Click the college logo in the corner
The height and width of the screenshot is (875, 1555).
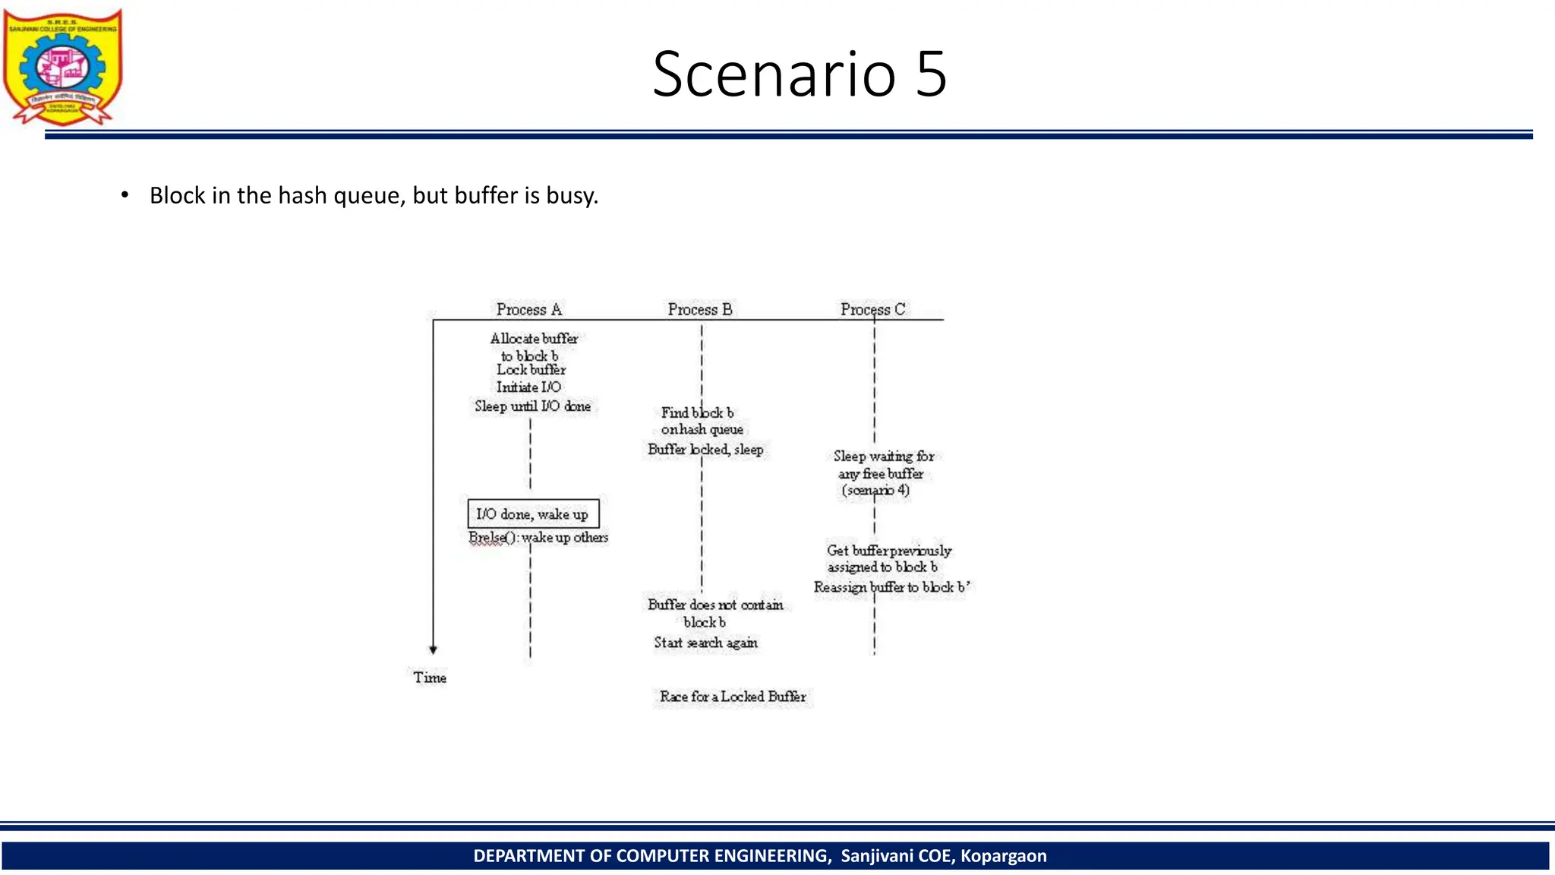(62, 67)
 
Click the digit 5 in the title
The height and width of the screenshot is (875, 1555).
(930, 74)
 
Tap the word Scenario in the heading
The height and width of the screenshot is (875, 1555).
(774, 74)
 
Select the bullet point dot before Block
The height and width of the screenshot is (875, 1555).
(125, 195)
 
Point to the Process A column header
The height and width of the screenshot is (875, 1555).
(529, 309)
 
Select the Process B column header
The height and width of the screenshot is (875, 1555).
(700, 309)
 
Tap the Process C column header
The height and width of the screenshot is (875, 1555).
(872, 309)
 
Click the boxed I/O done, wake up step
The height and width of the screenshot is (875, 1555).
(533, 514)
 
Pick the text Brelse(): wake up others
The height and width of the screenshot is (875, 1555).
(538, 538)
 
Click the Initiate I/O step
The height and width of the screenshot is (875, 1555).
(528, 387)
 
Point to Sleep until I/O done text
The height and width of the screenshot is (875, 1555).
(533, 406)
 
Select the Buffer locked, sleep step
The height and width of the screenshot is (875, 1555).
(705, 450)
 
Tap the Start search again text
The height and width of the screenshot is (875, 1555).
(706, 643)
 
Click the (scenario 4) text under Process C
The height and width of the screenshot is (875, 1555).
(875, 491)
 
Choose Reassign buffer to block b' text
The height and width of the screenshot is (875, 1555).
(891, 587)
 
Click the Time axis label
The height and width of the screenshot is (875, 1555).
(430, 678)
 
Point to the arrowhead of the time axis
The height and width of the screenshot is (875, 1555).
(433, 649)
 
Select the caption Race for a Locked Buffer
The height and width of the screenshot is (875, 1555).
(733, 697)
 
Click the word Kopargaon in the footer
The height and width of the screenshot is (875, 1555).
(1003, 856)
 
